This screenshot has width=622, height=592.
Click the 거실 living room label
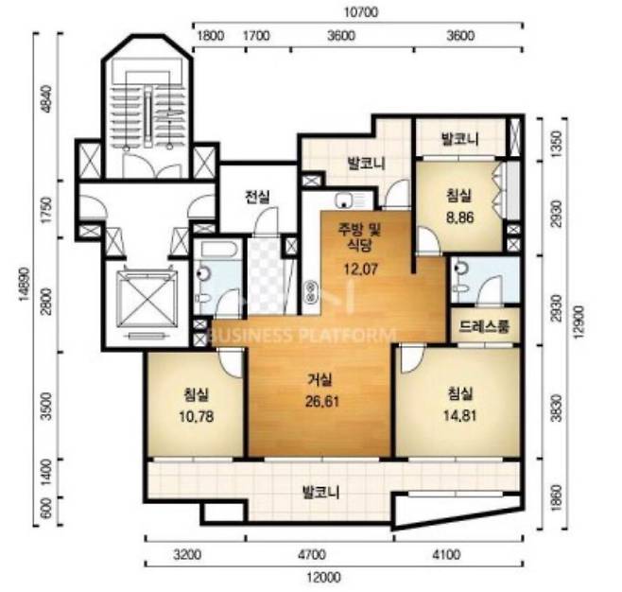(320, 380)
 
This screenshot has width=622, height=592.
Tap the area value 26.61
(322, 402)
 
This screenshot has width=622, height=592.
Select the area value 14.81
(460, 416)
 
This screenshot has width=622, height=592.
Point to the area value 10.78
(197, 417)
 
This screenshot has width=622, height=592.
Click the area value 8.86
(460, 218)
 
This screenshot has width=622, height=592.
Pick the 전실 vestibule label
(257, 197)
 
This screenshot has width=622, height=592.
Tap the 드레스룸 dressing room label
(484, 326)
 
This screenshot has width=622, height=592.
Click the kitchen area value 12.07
(360, 270)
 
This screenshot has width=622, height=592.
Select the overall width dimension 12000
(323, 577)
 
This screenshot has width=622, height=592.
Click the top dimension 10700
(360, 12)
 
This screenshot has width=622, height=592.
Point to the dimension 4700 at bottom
(312, 554)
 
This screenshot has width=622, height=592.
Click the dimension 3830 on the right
(557, 408)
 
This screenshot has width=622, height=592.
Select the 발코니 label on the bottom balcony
(320, 493)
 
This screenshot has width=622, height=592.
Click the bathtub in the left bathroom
(219, 250)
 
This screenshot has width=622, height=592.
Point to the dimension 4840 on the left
(47, 99)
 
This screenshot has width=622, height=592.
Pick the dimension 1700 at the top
(256, 36)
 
